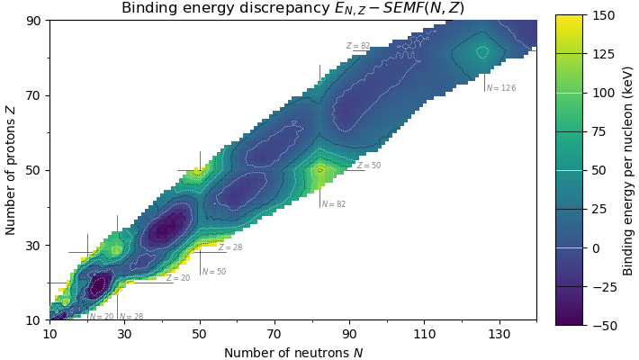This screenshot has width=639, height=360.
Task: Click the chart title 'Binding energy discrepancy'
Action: tap(292, 9)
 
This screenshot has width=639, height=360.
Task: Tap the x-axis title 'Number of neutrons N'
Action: tap(293, 353)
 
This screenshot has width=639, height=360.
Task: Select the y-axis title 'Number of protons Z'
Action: tap(11, 170)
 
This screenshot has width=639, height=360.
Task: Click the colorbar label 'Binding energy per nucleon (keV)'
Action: tap(627, 170)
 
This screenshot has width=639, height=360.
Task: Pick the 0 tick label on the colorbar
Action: tap(590, 247)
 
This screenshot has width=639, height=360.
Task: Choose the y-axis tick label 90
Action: tap(34, 21)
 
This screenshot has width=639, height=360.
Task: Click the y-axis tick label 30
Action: tap(34, 245)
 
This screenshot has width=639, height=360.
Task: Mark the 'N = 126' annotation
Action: tap(501, 88)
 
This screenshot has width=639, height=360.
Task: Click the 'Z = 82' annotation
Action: tap(357, 46)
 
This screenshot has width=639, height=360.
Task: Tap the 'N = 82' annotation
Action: tap(334, 204)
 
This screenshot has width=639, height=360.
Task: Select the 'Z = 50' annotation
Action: tap(369, 166)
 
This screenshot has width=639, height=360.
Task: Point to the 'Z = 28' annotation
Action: tap(230, 247)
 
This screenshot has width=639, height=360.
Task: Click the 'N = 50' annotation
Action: tap(214, 272)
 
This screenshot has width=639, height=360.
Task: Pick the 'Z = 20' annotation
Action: tap(178, 278)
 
